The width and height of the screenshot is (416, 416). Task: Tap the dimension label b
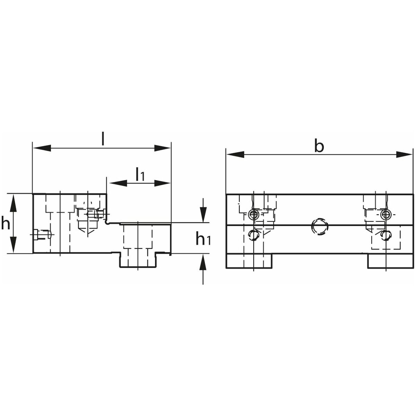coord(319,147)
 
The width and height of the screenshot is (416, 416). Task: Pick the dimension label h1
coord(203,238)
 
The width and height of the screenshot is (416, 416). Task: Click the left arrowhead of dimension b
coord(235,154)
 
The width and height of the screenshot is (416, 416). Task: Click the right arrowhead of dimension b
coord(404,154)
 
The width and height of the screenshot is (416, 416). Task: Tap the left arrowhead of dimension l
coord(42,148)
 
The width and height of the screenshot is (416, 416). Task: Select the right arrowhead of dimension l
coord(162,148)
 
